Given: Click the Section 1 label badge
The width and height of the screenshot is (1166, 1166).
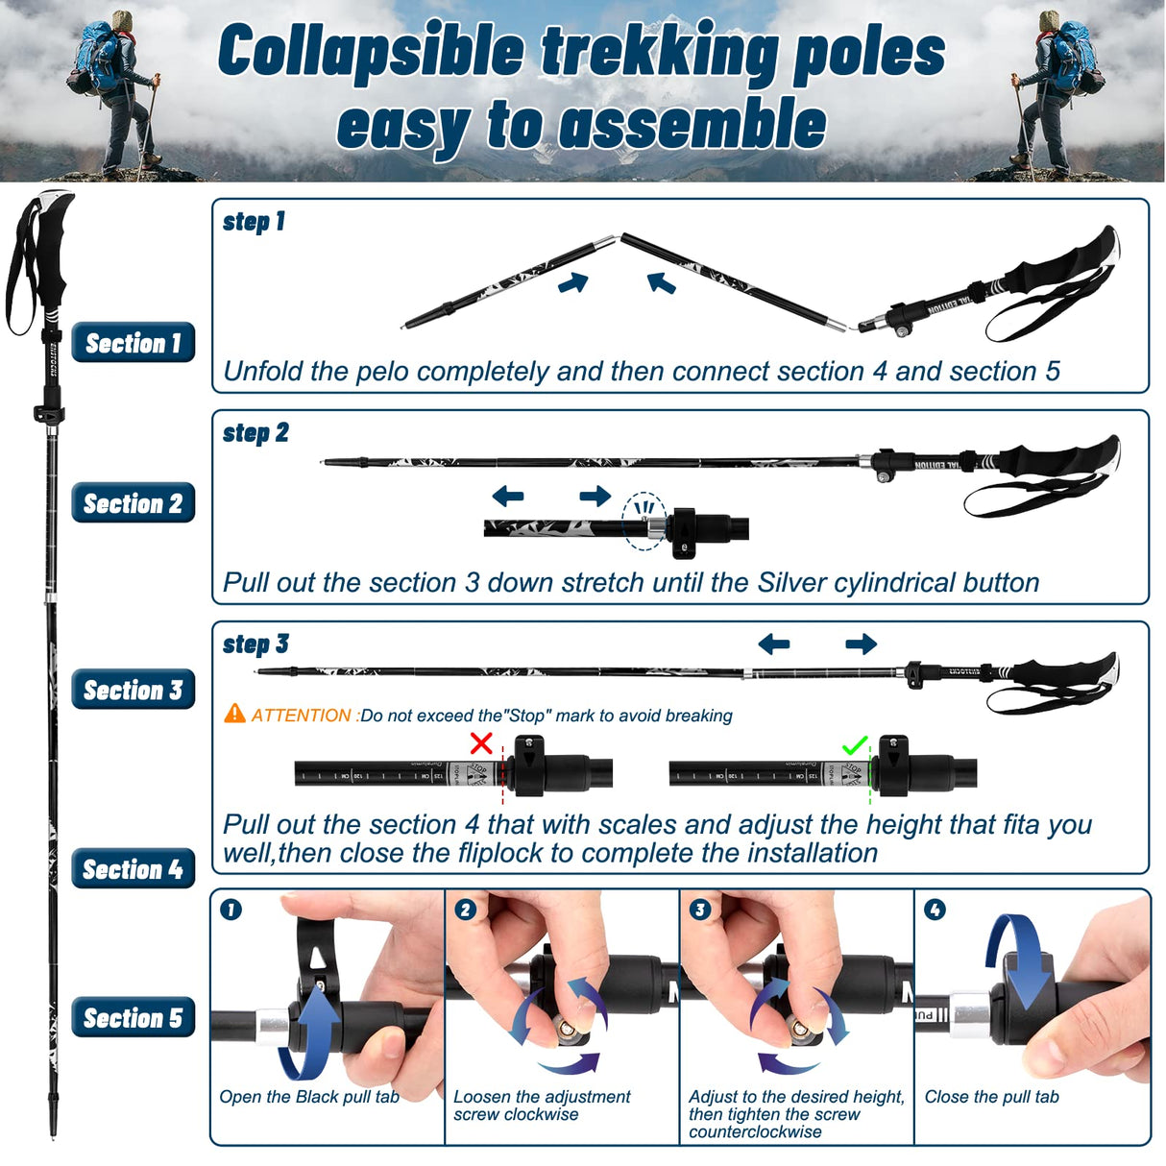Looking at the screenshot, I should click(x=133, y=343).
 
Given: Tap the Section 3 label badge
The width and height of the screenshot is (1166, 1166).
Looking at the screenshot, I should click(x=133, y=690).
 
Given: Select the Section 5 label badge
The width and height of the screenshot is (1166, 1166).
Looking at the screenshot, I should click(x=133, y=1018).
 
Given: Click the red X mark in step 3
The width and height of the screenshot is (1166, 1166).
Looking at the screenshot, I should click(x=481, y=742).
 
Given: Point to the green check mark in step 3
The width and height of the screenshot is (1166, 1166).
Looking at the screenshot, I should click(x=854, y=745).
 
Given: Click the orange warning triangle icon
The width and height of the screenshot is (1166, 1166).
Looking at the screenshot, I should click(x=234, y=714).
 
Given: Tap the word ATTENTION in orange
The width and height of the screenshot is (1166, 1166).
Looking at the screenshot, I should click(x=301, y=716).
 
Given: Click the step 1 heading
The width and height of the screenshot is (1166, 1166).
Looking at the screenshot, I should click(x=254, y=222).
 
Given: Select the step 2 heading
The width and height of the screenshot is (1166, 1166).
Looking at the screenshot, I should click(x=255, y=433).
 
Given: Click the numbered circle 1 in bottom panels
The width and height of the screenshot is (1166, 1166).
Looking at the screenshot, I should click(x=231, y=910).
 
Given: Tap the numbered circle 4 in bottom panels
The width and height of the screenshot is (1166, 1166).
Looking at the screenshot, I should click(x=934, y=910).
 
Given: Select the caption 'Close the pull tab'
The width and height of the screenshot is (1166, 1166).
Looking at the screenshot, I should click(x=991, y=1097).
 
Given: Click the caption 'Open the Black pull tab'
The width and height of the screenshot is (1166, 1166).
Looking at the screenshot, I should click(x=308, y=1097).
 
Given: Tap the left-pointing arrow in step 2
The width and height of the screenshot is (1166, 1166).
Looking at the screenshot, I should click(x=507, y=497).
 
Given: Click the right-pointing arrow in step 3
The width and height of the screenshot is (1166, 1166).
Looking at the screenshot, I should click(x=861, y=644).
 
